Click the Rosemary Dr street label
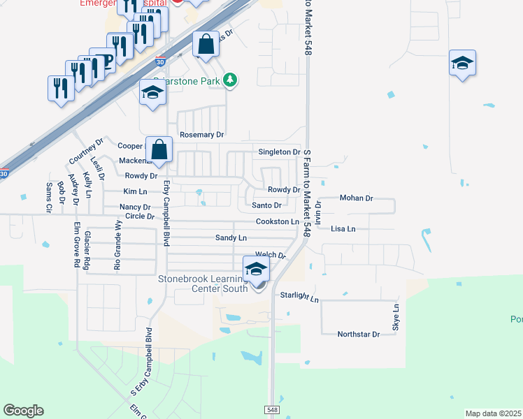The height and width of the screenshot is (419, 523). coord(201,135)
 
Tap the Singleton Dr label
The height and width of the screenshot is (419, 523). coord(279,152)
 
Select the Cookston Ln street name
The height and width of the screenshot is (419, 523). coord(278,221)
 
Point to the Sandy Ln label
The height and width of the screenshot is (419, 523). coord(231,238)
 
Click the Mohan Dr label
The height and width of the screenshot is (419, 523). coord(357,198)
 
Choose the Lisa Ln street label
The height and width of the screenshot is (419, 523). coord(343,228)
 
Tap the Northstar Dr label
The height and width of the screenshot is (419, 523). coord(358,335)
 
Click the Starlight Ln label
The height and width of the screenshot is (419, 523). coord(299,297)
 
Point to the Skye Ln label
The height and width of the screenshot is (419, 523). coord(396,318)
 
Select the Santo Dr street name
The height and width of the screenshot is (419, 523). coord(266,205)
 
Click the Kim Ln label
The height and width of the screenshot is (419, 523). coord(135,191)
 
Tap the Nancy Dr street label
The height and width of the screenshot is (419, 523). coord(135,207)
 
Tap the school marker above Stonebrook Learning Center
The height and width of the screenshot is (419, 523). coord(256,269)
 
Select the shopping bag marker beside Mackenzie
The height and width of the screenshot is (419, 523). coord(159,149)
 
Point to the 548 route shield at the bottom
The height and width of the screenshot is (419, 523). coord(272,409)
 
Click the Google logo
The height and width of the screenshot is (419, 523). coord(23,411)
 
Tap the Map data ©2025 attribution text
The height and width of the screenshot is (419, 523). coord(492,413)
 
